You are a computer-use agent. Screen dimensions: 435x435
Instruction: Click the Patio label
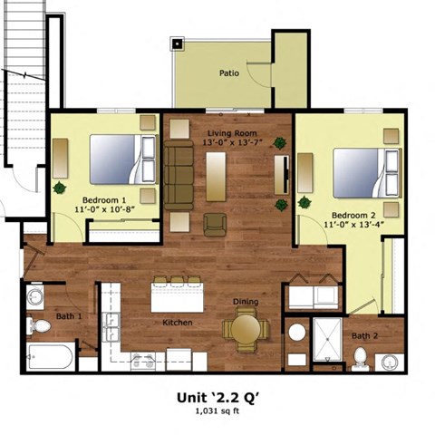[x=228, y=73]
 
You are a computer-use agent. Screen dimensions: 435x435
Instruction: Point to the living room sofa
[x=177, y=172]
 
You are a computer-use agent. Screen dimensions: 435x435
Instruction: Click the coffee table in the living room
[x=216, y=175]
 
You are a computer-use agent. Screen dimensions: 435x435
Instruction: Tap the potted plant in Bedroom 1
[x=60, y=188]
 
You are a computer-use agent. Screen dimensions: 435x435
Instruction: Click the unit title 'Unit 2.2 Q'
[x=217, y=396]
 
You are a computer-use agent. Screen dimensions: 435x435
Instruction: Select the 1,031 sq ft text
[x=217, y=411]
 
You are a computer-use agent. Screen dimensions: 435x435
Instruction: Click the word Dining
[x=246, y=302]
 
